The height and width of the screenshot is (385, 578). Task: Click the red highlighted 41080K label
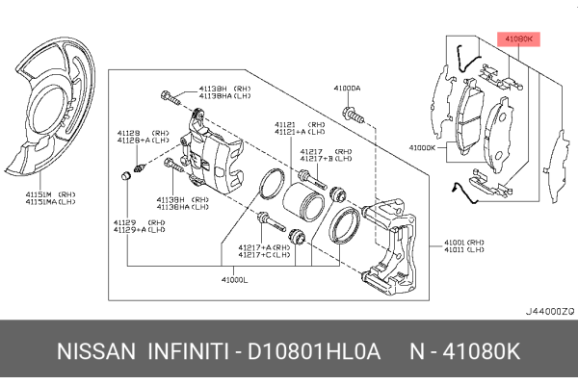coord(519,38)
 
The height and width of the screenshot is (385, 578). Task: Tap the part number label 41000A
coord(348,88)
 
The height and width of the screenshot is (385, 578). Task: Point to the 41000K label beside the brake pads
coord(423,147)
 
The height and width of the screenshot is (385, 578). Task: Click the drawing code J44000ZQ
coord(549,312)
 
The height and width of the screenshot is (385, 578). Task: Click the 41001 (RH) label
coord(464,243)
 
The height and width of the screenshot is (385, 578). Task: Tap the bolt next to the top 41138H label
coord(171,96)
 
